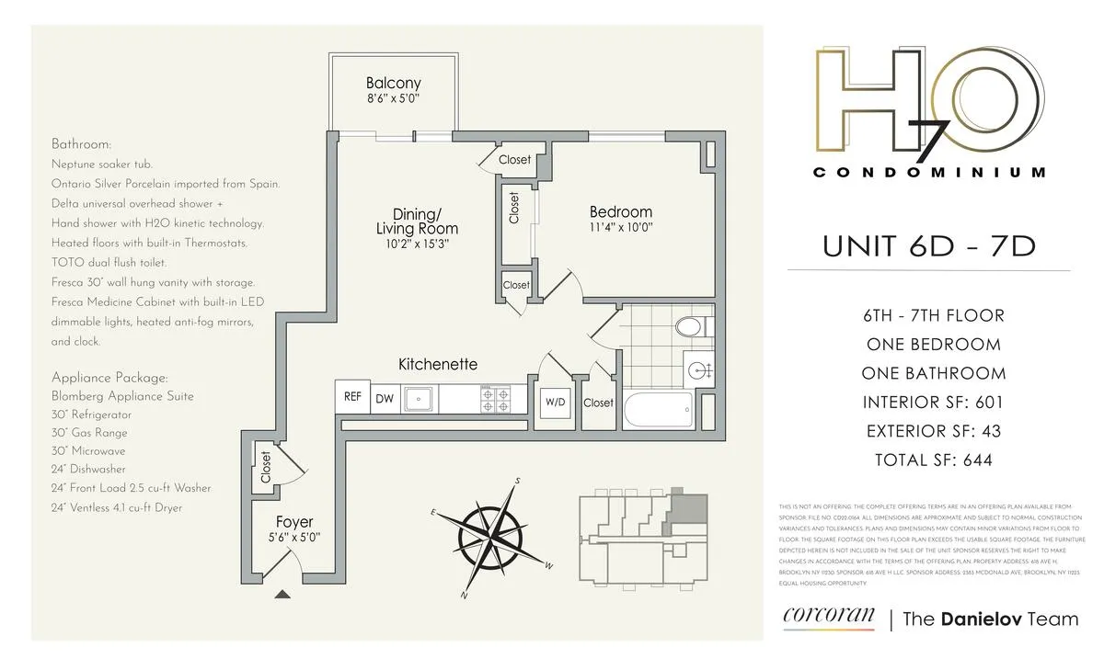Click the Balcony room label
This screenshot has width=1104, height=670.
(x=393, y=83)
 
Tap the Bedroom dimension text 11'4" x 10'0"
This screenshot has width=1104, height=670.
(x=621, y=227)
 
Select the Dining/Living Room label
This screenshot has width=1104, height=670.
(x=417, y=221)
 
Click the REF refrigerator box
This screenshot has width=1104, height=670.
(x=352, y=398)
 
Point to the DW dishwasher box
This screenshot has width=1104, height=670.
(x=384, y=399)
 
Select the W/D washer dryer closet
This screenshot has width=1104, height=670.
(x=554, y=403)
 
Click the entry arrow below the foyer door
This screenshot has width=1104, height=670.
(x=283, y=595)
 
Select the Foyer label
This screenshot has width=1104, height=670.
(x=295, y=523)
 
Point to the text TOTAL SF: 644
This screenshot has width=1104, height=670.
(x=928, y=460)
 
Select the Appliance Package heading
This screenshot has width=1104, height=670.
(x=109, y=378)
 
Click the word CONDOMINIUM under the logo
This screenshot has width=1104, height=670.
(x=929, y=172)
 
